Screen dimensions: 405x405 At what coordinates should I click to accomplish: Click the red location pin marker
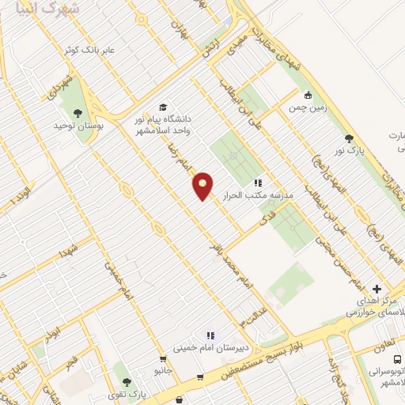click(203, 185)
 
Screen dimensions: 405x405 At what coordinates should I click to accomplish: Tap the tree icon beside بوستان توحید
click(77, 113)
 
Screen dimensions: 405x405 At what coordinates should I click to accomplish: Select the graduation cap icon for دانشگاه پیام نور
click(163, 107)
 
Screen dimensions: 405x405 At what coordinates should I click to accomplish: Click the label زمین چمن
click(301, 107)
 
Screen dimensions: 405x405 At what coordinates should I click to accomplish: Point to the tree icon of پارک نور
click(350, 138)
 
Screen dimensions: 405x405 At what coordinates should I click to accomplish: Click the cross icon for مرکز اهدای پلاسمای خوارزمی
click(377, 290)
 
